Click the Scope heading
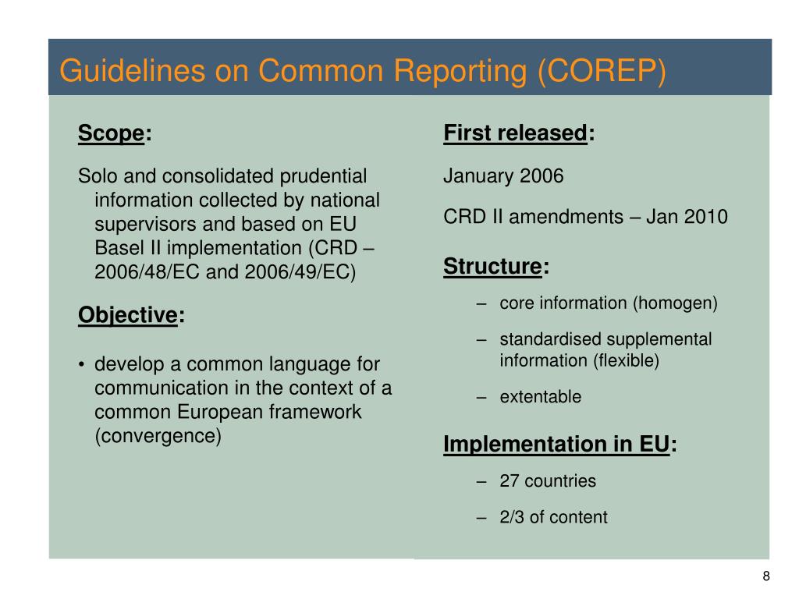tap(111, 134)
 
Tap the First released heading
tap(515, 133)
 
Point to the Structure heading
tap(492, 267)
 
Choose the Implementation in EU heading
tap(556, 444)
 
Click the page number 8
tap(766, 576)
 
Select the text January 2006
tap(503, 176)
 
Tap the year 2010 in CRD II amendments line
tap(706, 217)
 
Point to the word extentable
tap(541, 397)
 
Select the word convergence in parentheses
tap(158, 436)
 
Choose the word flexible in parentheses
tap(626, 361)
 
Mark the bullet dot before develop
tap(82, 365)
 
